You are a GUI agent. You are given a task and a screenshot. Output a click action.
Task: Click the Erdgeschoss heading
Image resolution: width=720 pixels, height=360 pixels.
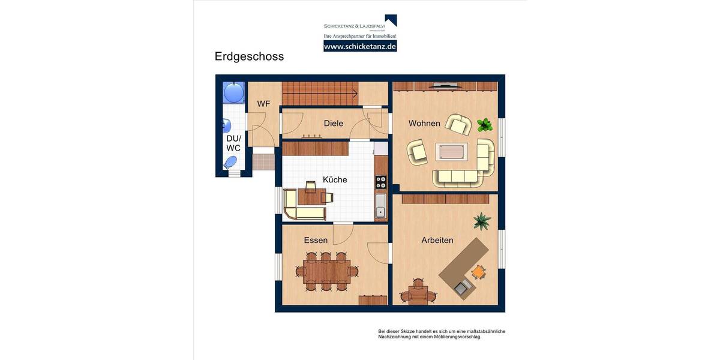click(x=249, y=56)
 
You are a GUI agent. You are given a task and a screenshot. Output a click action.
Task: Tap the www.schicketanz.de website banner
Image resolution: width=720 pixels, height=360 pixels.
click(x=360, y=46)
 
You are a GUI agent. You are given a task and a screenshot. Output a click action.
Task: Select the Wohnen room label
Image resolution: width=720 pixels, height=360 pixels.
click(x=424, y=123)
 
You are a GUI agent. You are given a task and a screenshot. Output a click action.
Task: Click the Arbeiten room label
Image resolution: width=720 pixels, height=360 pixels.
click(x=437, y=240)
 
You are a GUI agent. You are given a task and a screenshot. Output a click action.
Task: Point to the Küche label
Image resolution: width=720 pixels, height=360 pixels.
click(x=335, y=179)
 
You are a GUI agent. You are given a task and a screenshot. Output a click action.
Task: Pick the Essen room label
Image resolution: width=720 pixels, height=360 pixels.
click(x=316, y=240)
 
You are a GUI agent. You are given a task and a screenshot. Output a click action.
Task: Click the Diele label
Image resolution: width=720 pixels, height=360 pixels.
click(x=333, y=123)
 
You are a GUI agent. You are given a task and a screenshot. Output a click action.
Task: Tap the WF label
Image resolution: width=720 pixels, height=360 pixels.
click(x=263, y=104)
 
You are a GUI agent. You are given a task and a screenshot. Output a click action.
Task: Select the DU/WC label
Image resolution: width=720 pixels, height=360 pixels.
click(x=233, y=143)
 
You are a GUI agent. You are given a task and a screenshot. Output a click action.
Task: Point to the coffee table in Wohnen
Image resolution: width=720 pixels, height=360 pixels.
click(x=451, y=152)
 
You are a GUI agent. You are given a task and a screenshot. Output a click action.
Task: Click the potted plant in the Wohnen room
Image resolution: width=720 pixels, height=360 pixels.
click(x=484, y=125)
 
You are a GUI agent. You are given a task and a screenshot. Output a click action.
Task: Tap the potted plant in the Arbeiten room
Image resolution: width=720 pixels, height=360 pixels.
click(x=481, y=221)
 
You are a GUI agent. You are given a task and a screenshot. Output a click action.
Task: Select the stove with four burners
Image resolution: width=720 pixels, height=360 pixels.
click(x=381, y=182)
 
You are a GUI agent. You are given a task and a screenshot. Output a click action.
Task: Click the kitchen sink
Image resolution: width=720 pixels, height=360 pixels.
click(x=380, y=205)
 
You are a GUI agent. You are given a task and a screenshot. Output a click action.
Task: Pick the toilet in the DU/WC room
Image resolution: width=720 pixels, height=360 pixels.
click(x=230, y=162)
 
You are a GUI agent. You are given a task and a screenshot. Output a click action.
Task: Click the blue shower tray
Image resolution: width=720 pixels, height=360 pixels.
click(x=233, y=92)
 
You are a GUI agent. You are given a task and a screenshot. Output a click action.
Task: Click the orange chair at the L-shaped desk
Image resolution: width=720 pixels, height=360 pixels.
click(x=478, y=272)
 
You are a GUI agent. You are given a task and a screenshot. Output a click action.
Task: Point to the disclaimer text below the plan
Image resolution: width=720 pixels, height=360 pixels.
click(x=442, y=334)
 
